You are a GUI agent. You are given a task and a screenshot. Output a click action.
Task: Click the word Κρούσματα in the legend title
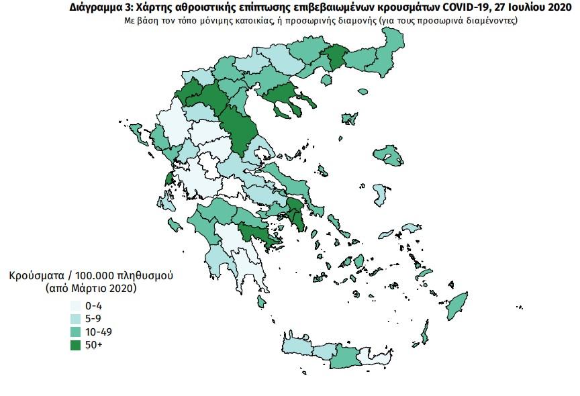pos(38,276)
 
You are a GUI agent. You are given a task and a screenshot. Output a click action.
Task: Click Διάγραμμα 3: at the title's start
pos(100,8)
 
